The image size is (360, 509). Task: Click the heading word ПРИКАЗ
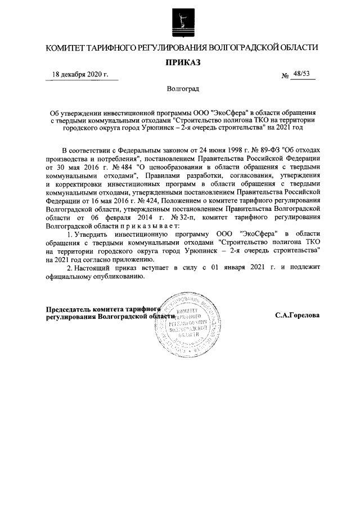(180, 61)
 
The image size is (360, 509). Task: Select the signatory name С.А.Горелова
(298, 315)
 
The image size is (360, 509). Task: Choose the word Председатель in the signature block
(69, 309)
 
